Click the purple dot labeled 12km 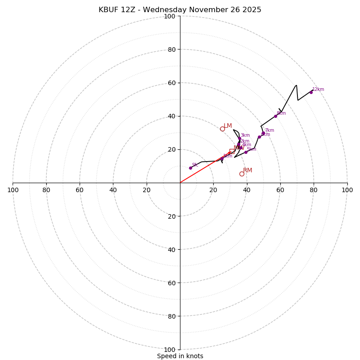click(311, 92)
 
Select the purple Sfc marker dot click(190, 168)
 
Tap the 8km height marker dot click(276, 116)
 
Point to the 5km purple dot click(246, 152)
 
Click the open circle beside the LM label click(222, 129)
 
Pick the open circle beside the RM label click(242, 174)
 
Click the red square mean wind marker click(232, 152)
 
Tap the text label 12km click(318, 90)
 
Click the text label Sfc click(195, 165)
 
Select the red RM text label click(247, 170)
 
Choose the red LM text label click(228, 126)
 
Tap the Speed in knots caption click(180, 356)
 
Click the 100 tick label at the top click(169, 16)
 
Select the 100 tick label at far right click(347, 190)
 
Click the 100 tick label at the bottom click(169, 349)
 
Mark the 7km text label click(269, 130)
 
